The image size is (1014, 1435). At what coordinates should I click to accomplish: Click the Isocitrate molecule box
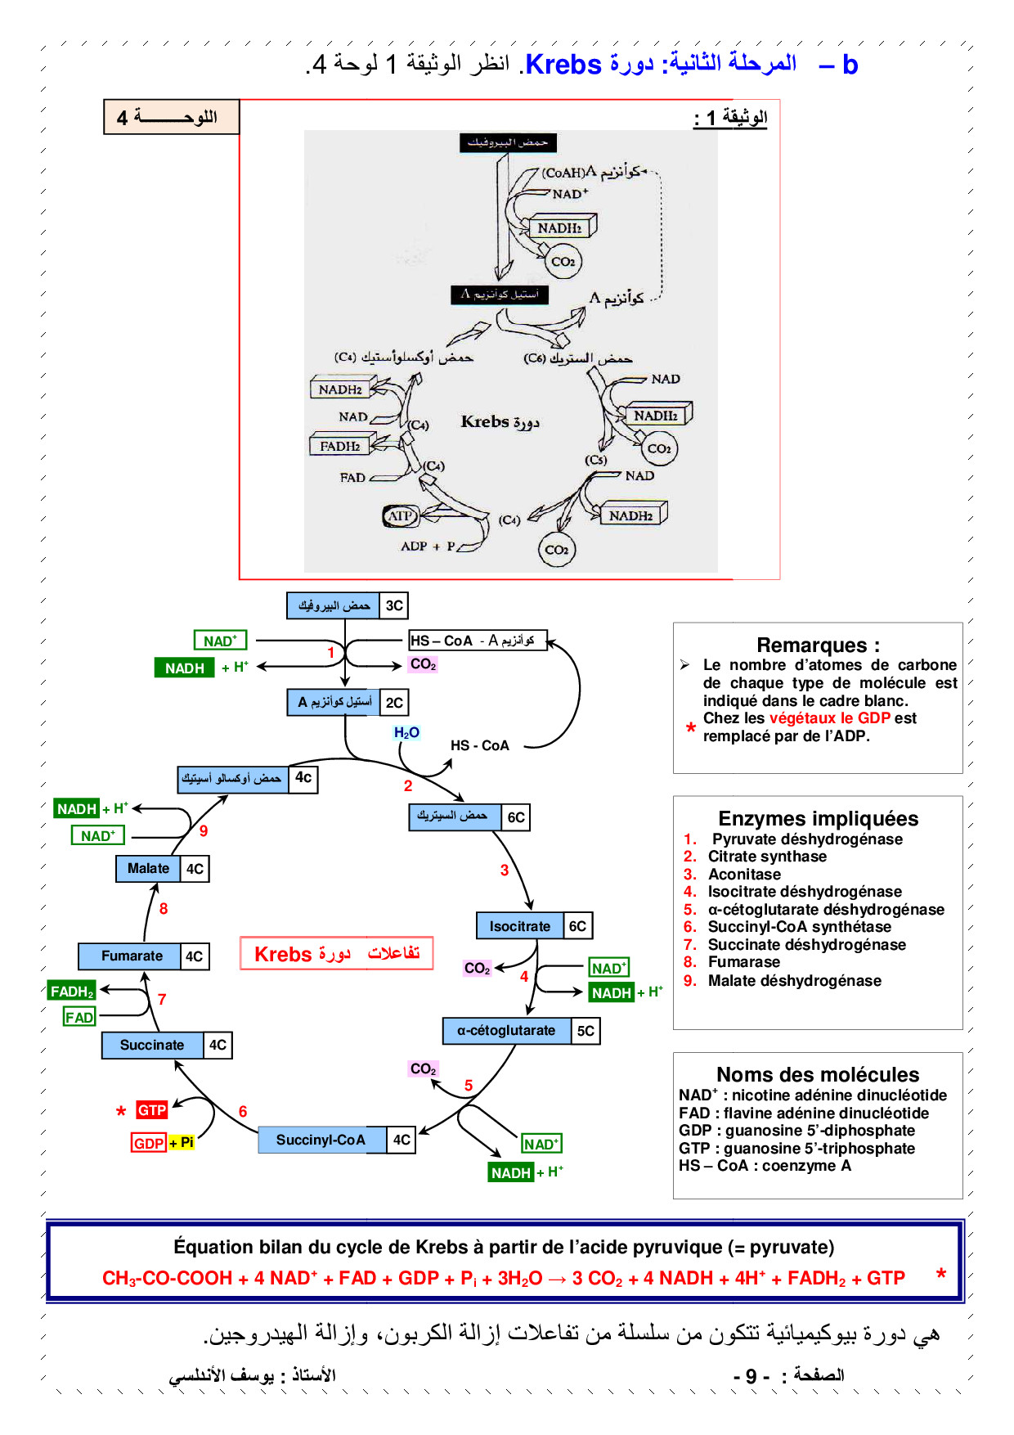coord(520,926)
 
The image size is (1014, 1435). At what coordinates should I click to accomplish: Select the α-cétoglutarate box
coord(506,1031)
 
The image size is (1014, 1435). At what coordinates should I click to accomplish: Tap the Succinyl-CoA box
coord(321,1140)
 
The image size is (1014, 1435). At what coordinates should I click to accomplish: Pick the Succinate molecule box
coord(152,1045)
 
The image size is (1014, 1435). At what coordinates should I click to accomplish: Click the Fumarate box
coord(132,956)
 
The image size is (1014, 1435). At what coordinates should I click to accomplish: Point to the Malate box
coord(148,868)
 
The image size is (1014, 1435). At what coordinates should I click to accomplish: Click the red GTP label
coord(152,1110)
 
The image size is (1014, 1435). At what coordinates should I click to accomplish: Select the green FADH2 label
coord(72,992)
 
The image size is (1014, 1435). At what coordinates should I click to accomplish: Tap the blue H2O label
coord(406,732)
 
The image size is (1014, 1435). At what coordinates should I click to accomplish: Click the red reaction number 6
coord(243,1111)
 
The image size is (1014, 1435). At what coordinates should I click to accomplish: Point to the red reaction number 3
coord(505,870)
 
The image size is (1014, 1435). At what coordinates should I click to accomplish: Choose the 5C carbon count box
coord(586,1031)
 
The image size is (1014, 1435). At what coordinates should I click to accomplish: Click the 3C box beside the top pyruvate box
coord(394,605)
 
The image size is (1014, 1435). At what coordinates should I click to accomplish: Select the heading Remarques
coord(818,645)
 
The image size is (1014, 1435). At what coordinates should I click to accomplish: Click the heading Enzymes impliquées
coord(818,818)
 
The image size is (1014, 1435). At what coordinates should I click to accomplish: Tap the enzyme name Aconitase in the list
coord(744,874)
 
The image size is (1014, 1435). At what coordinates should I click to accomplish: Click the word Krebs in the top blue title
coord(563,64)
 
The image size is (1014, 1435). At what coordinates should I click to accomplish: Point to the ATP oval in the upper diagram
coord(400,516)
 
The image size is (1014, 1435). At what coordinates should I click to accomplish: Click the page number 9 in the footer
coord(752,1376)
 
